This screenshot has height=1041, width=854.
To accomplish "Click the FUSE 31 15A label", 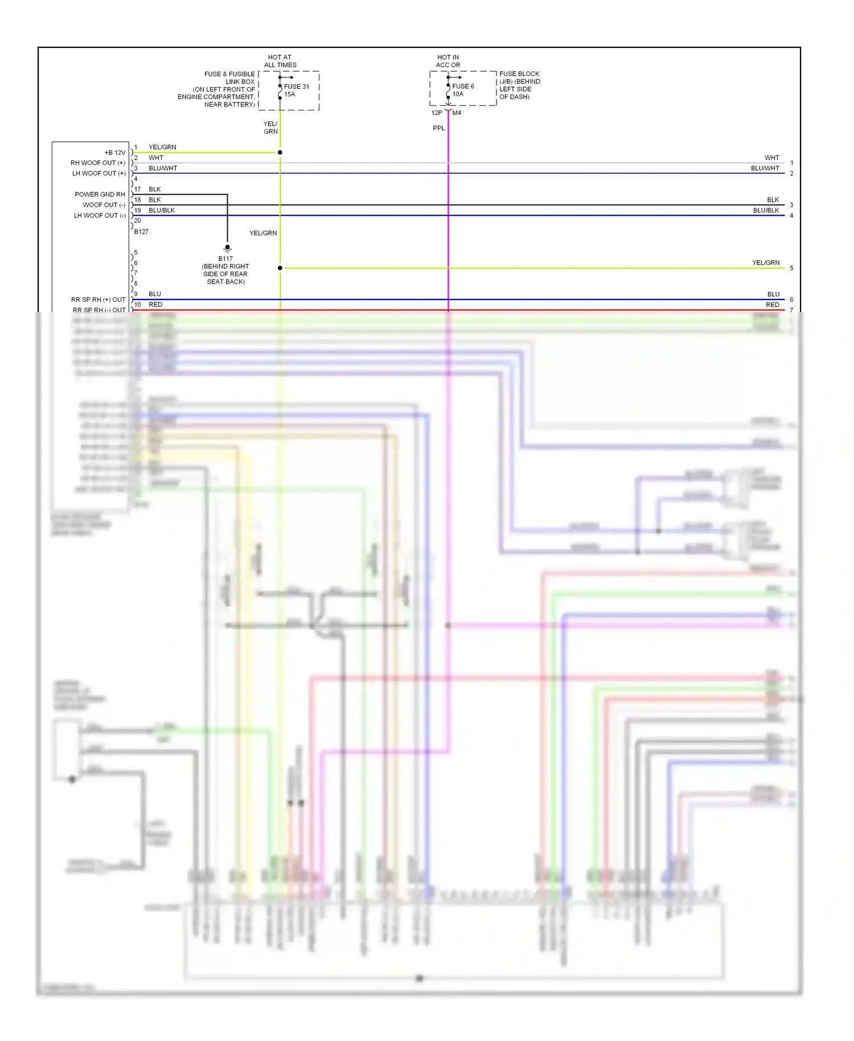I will click(x=296, y=90).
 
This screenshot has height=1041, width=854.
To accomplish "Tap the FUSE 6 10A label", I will click(x=463, y=90).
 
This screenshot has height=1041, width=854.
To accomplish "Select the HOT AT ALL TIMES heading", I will click(x=280, y=61).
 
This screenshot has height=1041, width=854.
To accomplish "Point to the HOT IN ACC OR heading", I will click(x=448, y=61).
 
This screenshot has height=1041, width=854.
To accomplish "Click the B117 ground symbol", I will click(x=227, y=248).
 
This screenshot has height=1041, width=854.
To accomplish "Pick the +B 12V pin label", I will click(x=114, y=153).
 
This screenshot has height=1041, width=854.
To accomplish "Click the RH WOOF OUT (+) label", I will click(x=98, y=163).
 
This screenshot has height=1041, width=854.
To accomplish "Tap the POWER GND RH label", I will click(x=100, y=194).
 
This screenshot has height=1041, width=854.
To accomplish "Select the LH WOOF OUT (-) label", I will click(x=100, y=215).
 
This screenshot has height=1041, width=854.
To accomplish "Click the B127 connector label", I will click(x=141, y=232).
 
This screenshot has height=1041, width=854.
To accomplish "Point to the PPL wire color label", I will click(x=438, y=128).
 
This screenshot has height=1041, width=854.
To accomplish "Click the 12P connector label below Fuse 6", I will click(x=437, y=113).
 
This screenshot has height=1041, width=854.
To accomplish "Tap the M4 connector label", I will click(x=457, y=113).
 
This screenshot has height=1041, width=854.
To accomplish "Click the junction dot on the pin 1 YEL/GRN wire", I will click(x=280, y=153).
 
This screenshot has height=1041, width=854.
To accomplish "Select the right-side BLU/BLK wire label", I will click(x=766, y=210).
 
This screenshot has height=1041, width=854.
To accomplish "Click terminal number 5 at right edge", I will click(x=791, y=268).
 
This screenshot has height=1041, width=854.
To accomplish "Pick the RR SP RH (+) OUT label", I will click(x=98, y=300).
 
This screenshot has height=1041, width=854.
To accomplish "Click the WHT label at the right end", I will click(x=771, y=158).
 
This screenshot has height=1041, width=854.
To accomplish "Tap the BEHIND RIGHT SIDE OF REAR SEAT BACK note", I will click(x=225, y=274).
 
